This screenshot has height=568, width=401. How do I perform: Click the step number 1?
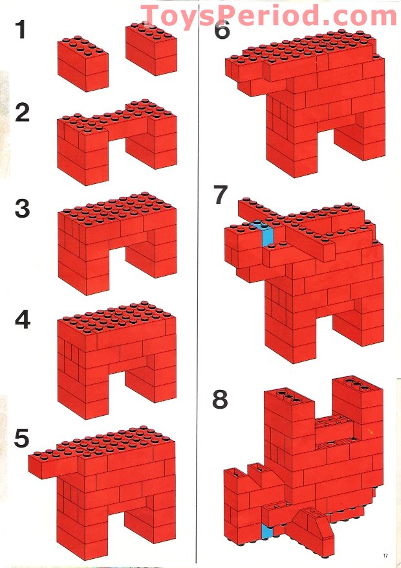(21, 30)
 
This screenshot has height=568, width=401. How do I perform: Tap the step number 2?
(23, 113)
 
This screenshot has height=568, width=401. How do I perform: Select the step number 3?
(23, 209)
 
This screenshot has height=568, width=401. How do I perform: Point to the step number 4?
(23, 320)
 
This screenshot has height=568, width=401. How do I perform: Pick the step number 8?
(220, 400)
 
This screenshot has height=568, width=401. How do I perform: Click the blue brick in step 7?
(267, 236)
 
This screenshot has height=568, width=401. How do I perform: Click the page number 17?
(385, 555)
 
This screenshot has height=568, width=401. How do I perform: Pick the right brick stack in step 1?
(151, 49)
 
